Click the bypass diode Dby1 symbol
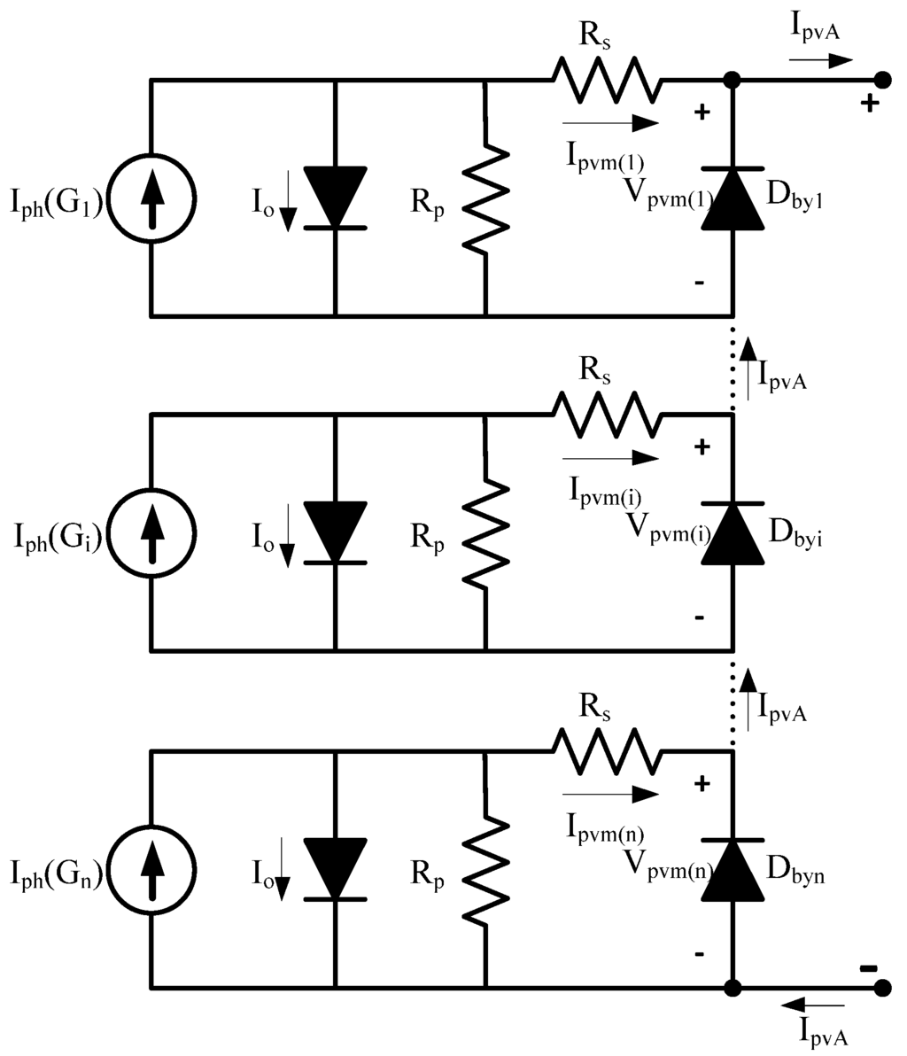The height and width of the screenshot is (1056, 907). (x=733, y=198)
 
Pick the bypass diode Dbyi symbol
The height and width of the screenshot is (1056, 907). (x=733, y=533)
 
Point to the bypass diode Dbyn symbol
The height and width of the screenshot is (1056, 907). (x=733, y=869)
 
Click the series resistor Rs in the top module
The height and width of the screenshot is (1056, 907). (x=607, y=80)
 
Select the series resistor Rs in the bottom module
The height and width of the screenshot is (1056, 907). (x=607, y=751)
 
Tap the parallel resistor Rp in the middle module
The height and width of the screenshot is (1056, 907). (x=485, y=534)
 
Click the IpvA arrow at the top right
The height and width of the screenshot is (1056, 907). (x=820, y=60)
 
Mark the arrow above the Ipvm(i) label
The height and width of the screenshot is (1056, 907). (x=610, y=458)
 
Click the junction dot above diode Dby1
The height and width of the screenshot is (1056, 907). (x=733, y=80)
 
